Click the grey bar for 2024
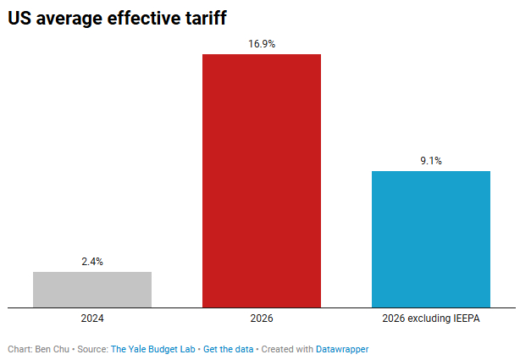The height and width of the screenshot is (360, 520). coord(92,289)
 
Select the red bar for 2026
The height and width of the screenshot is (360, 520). coord(262,180)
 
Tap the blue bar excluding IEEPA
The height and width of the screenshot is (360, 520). coord(431,239)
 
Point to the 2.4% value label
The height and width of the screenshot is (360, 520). coord(92,262)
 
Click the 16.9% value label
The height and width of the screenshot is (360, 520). coord(262,44)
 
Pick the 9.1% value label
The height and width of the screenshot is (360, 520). coord(431,161)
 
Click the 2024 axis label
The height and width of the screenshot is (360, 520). coord(92,319)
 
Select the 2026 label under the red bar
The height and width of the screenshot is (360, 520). coord(262,319)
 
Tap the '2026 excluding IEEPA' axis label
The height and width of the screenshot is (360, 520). coord(431,319)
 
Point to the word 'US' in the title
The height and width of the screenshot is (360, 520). coord(21,18)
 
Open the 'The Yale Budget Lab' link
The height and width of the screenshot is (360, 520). coord(152,349)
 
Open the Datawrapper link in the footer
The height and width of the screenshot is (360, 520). coord(342,349)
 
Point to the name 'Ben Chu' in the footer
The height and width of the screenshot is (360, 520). coord(53,349)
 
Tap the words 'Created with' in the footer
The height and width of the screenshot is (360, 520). coord(286,349)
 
